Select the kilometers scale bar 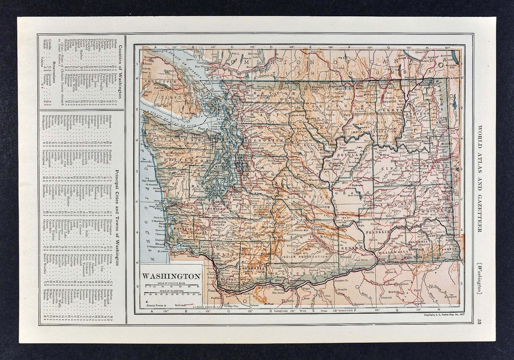click(171, 294)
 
